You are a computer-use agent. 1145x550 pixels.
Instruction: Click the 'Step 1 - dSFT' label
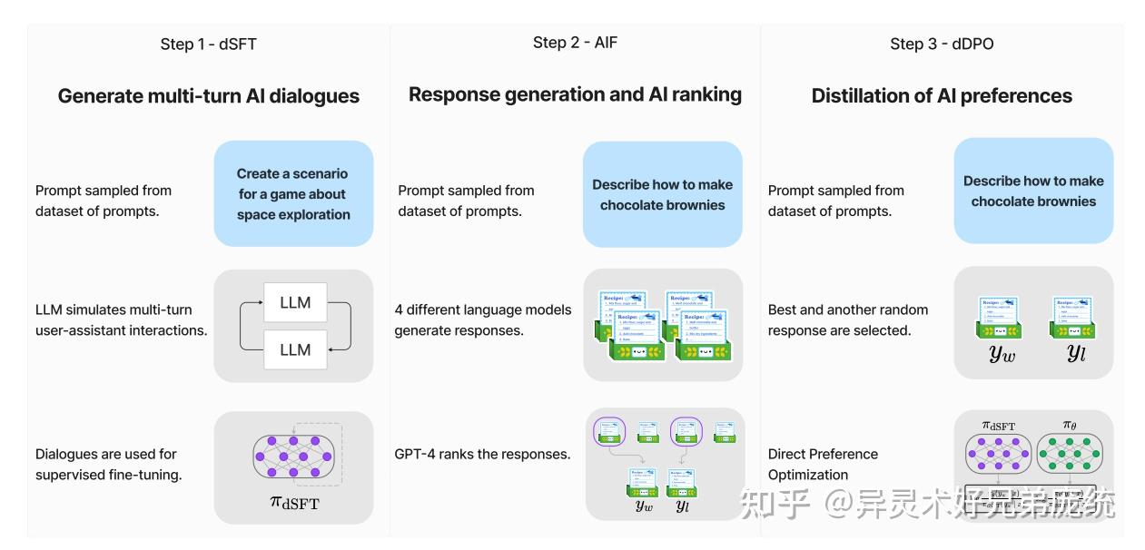point(208,44)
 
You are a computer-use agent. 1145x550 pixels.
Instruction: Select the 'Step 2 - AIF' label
point(575,43)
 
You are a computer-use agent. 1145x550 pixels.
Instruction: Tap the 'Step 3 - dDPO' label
point(942,44)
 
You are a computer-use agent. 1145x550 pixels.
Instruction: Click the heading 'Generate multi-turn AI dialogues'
point(208,96)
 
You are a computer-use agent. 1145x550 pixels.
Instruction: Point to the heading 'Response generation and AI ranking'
point(575,94)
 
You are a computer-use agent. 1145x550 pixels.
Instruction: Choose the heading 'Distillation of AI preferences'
point(942,96)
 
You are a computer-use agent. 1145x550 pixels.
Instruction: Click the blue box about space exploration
point(293,193)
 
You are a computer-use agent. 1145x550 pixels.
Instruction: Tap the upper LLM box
point(295,302)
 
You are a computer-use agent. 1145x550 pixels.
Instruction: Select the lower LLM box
point(295,349)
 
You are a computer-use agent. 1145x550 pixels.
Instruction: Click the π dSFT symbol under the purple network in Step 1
point(294,500)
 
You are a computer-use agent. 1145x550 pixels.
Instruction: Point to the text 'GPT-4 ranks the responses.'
point(482,454)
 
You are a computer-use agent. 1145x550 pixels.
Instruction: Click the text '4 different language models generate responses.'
point(483,319)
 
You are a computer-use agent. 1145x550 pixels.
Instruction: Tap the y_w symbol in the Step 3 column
point(1002,353)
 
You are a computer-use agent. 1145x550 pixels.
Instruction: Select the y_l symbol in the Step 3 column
point(1076,353)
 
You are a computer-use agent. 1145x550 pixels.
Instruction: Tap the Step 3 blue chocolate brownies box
point(1033,191)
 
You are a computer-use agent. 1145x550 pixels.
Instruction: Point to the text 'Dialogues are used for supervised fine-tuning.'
point(108,464)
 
